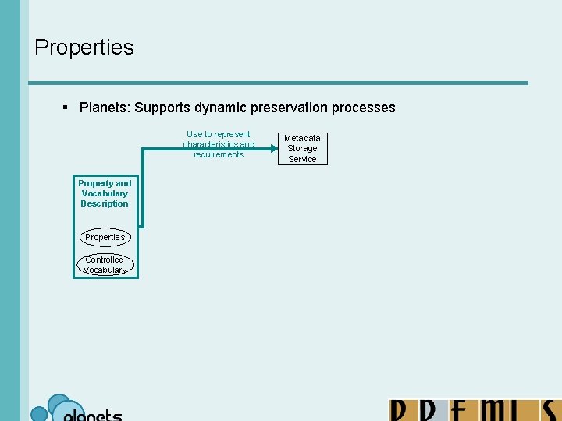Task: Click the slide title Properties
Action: point(84,47)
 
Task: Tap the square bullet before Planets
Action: point(66,108)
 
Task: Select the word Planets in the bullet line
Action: point(104,108)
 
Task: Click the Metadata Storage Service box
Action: point(302,148)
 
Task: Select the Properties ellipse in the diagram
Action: point(105,236)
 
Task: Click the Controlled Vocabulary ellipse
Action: point(105,265)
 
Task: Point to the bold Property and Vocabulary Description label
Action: point(105,193)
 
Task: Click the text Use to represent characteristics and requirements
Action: point(219,144)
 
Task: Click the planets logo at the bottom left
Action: point(76,409)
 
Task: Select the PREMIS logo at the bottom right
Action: point(475,410)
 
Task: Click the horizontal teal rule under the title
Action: point(278,83)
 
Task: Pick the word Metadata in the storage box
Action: point(302,138)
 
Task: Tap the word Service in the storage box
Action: point(302,159)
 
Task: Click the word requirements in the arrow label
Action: point(219,154)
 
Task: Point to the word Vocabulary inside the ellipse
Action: point(105,270)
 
